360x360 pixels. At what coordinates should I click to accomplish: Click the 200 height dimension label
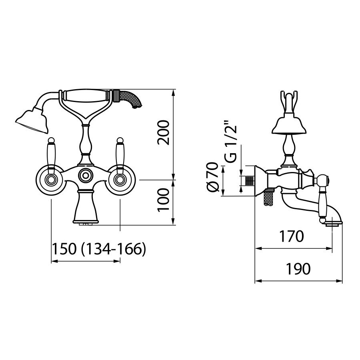[x=164, y=132]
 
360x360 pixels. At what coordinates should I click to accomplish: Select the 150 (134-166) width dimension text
[x=99, y=249]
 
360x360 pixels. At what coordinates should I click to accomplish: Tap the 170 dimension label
[x=291, y=236]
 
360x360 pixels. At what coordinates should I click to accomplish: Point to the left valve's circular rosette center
[x=51, y=180]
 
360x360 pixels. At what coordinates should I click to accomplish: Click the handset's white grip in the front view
[x=86, y=96]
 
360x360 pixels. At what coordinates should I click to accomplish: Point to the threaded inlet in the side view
[x=250, y=180]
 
